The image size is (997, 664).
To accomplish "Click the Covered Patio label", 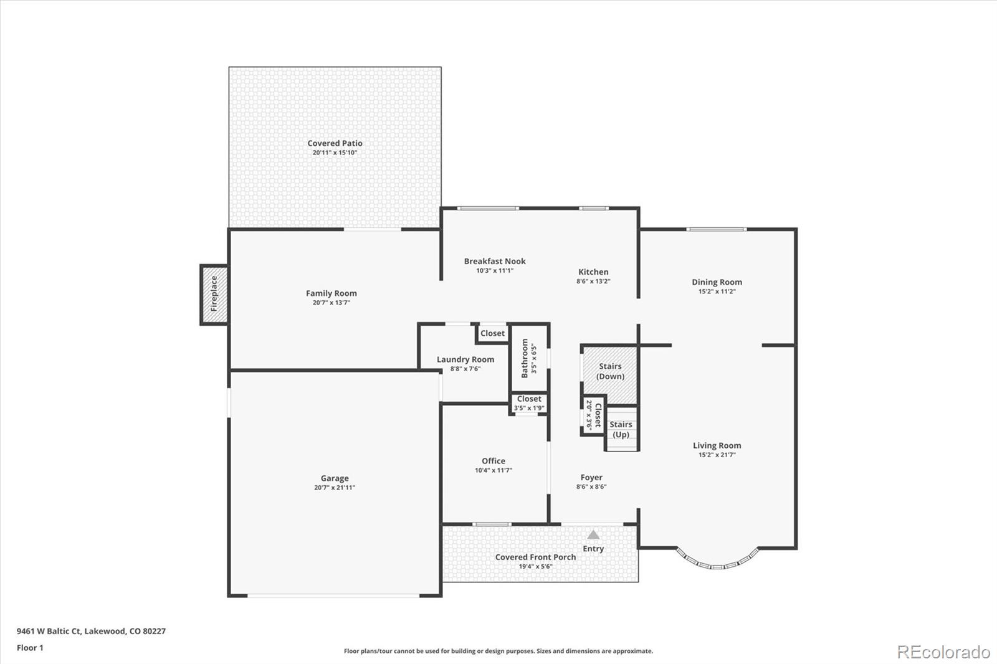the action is (335, 143).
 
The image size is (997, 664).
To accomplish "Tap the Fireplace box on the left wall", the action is (214, 295).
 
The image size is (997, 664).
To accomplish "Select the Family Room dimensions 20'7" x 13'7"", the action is (331, 303).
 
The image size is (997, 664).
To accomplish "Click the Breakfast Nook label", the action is (495, 261).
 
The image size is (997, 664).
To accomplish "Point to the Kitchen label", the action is (593, 272).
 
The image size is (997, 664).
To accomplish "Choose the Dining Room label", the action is (717, 282).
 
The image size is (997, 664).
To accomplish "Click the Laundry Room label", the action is (465, 359).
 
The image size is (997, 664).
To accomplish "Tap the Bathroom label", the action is (524, 358).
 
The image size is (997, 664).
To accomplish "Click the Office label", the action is (493, 461).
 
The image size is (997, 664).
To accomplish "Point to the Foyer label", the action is (591, 478).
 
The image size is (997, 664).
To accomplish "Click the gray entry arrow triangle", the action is (593, 534).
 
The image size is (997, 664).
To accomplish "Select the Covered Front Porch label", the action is (535, 557).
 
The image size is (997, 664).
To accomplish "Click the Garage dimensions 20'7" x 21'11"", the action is (335, 488).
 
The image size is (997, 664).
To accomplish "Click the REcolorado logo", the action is (943, 652).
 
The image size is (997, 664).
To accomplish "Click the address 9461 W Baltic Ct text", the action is (49, 631).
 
